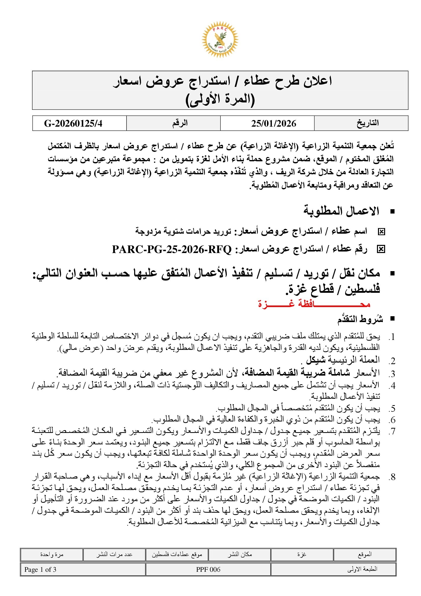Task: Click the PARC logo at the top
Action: (220, 39)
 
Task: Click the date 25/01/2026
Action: (273, 123)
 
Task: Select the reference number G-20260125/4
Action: (73, 123)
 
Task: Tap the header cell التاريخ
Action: (368, 123)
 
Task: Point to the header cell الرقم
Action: (180, 123)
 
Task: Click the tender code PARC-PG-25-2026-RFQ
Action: (172, 249)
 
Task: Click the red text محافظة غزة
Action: (314, 304)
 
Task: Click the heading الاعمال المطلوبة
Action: (341, 211)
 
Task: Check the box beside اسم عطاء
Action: (381, 232)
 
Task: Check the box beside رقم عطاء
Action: (381, 249)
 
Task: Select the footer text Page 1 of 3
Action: (40, 569)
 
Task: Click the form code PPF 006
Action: (208, 569)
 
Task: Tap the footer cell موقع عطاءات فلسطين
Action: (177, 555)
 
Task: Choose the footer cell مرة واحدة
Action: (52, 555)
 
